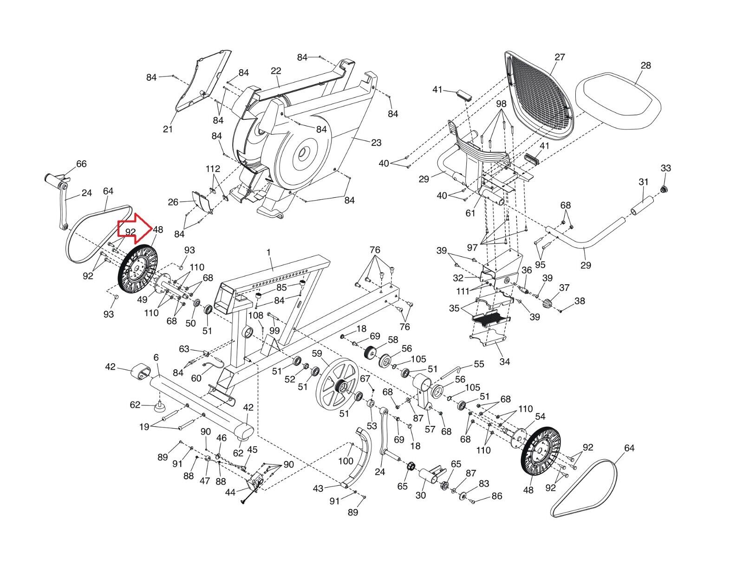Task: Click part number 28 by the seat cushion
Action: coord(645,65)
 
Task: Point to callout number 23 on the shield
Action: coord(376,143)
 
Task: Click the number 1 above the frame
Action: coord(268,252)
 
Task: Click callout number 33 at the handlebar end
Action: coord(665,168)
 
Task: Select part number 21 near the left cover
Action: coord(168,129)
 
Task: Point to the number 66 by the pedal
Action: coord(81,164)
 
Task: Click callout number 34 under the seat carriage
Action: coord(504,361)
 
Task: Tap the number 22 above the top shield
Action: coord(276,71)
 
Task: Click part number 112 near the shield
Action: coord(214,169)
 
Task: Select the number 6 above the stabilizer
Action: coord(156,358)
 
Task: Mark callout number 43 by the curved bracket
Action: coord(318,489)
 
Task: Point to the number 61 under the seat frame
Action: coord(470,213)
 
